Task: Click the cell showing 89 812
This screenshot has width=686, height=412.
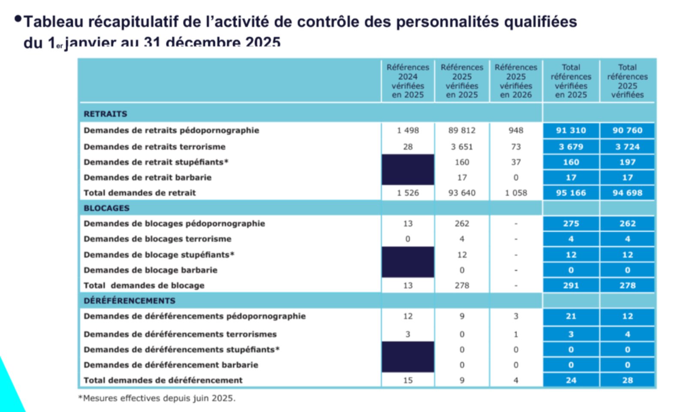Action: [462, 130]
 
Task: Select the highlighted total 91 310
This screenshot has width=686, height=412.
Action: [571, 130]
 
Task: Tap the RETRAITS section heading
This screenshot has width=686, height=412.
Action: [105, 114]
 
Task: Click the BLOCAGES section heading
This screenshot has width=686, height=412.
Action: [106, 208]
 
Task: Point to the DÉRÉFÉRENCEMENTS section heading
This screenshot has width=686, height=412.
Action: [129, 301]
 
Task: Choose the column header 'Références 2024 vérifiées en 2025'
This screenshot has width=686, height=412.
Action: [407, 81]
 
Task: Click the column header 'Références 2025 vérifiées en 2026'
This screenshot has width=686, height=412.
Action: [516, 81]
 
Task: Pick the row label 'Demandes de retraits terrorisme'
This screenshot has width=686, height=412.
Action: [154, 147]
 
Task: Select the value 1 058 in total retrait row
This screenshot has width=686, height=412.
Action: [516, 193]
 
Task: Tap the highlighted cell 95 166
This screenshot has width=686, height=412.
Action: [571, 193]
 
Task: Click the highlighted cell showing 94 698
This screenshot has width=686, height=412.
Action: [627, 193]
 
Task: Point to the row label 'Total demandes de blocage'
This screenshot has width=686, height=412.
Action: [144, 286]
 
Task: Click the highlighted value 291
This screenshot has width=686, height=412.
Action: [571, 286]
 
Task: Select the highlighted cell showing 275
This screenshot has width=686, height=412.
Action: [571, 224]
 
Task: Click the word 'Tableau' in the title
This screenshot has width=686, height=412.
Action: [53, 21]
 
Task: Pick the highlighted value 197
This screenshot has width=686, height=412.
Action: [627, 162]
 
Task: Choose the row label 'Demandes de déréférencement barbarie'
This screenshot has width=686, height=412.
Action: [171, 365]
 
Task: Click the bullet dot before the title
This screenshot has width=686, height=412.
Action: [18, 19]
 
